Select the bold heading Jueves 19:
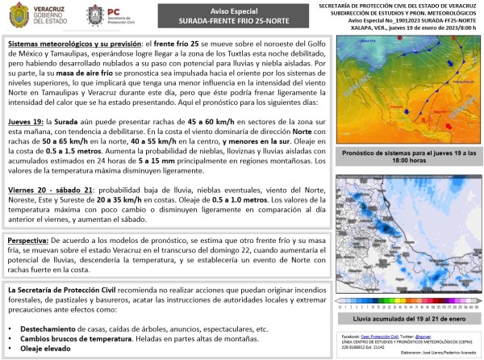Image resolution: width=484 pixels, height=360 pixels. [x=27, y=120]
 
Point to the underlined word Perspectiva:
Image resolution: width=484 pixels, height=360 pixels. [x=27, y=241]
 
